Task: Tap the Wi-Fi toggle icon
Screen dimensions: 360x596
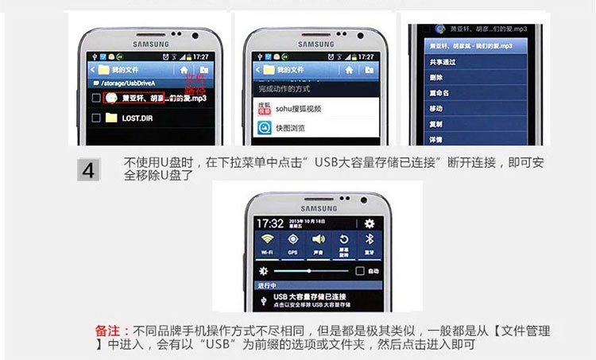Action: (x=269, y=241)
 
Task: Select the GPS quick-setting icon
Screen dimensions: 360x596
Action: (x=293, y=241)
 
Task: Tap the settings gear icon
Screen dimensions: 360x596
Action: (x=369, y=223)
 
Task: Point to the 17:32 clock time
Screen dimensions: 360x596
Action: (x=270, y=223)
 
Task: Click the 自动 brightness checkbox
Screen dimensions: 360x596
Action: (x=359, y=271)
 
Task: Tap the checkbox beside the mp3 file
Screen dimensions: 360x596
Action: (x=96, y=99)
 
